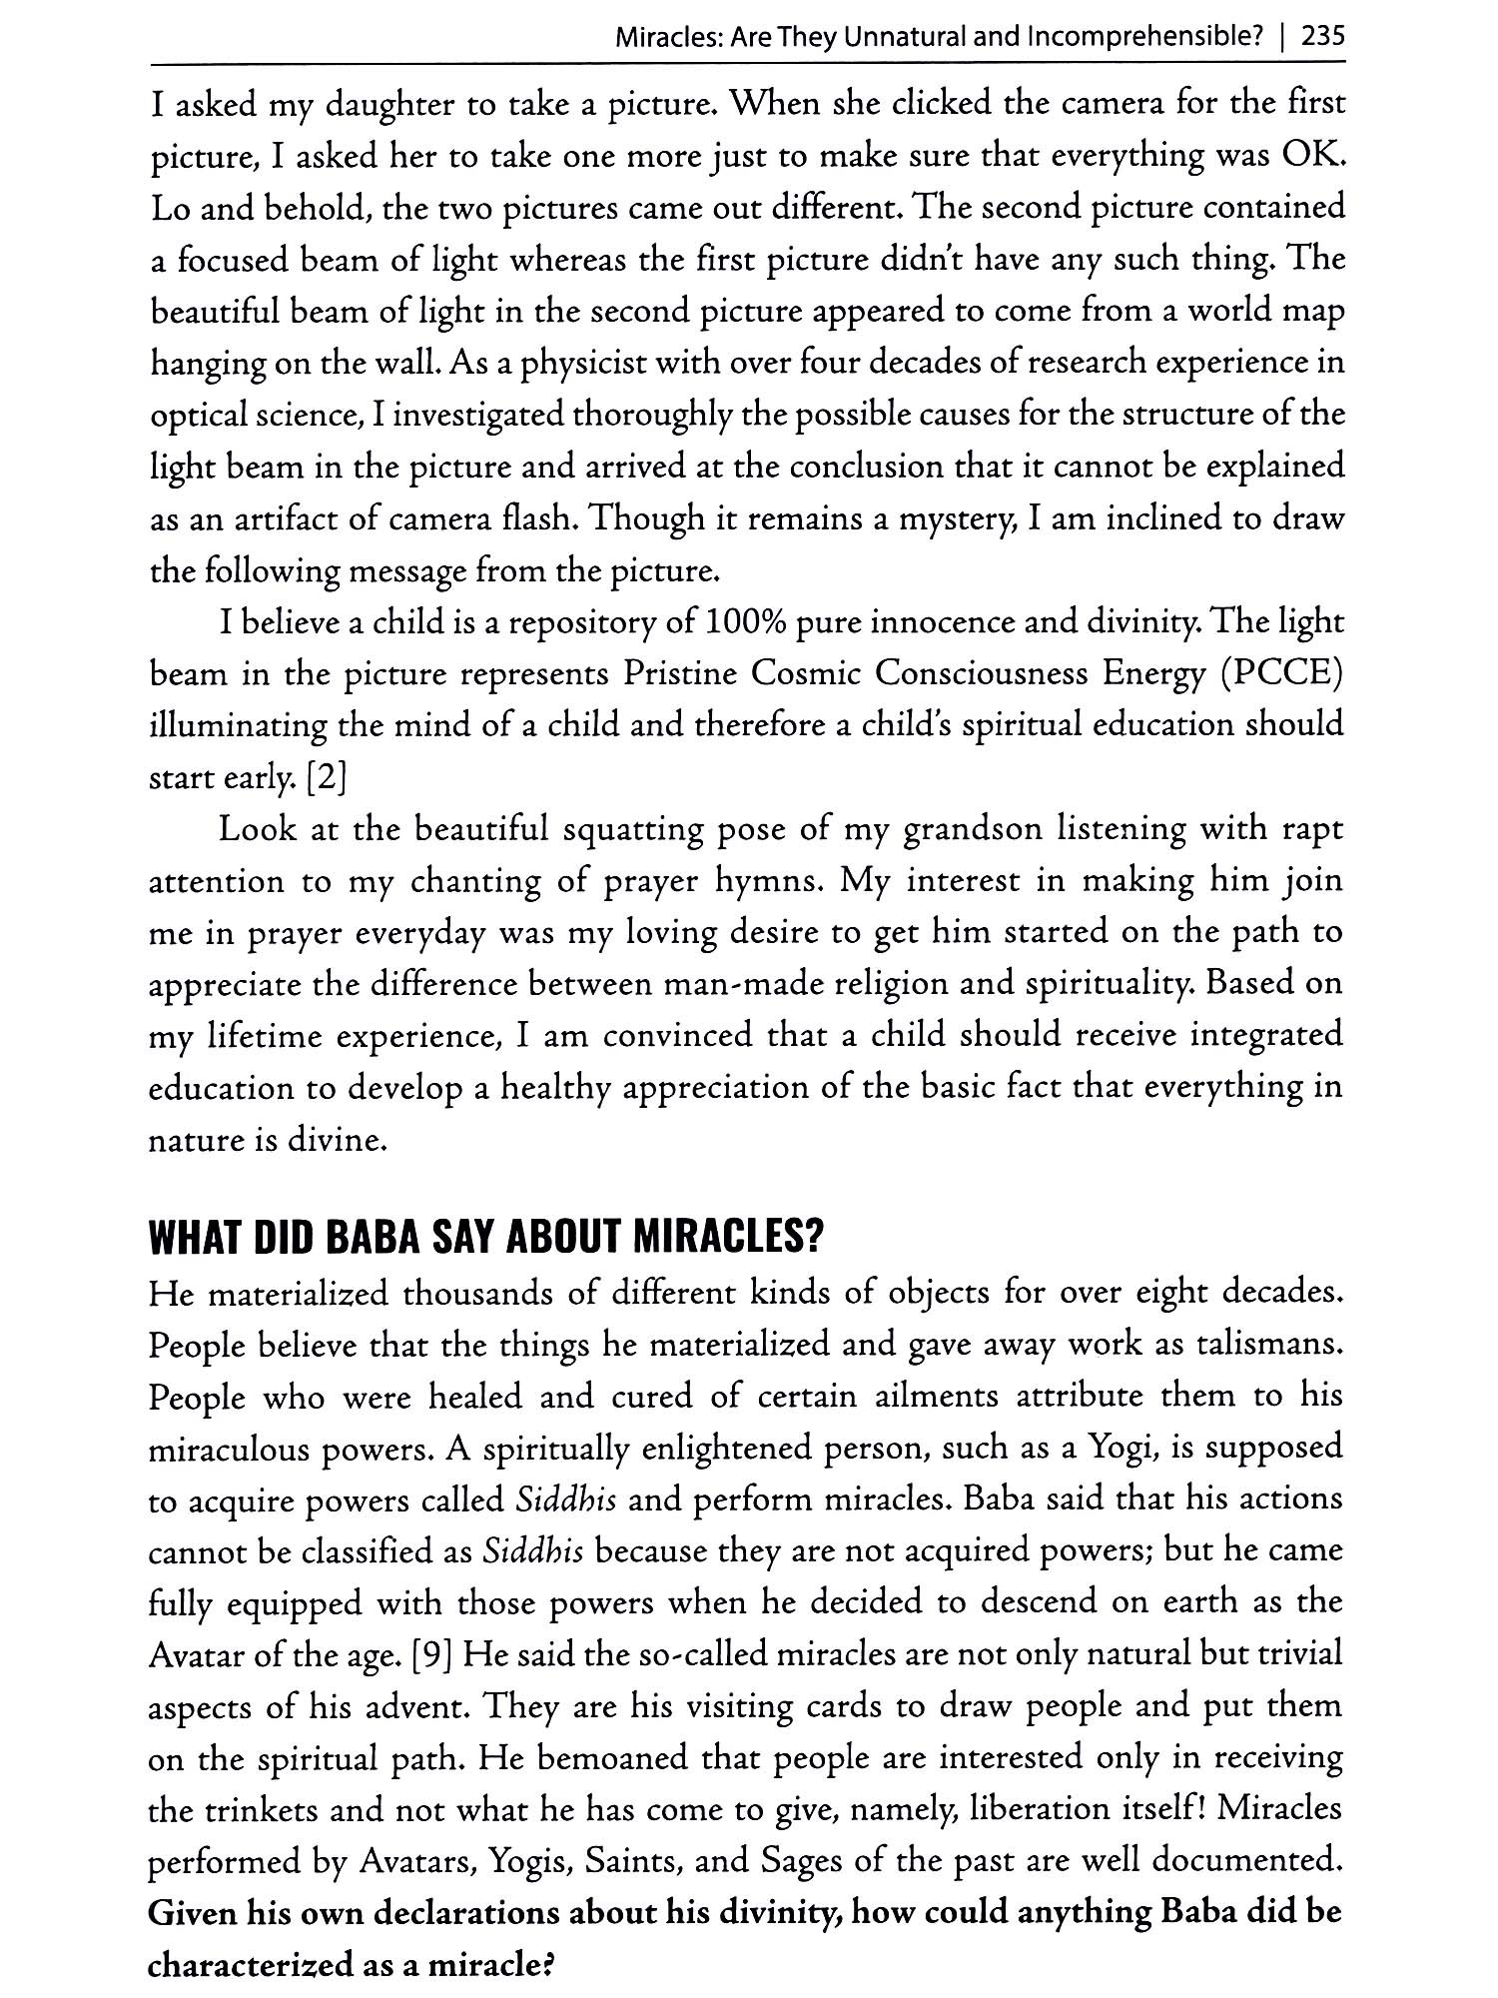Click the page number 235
1324,37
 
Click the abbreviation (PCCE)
1282,675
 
